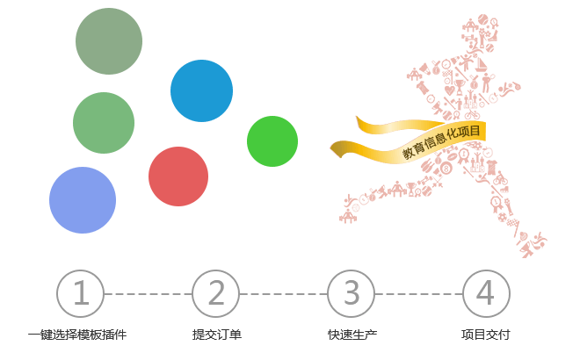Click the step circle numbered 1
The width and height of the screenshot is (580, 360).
click(80, 292)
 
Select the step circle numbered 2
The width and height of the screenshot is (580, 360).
click(215, 292)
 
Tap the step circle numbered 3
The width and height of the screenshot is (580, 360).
click(351, 292)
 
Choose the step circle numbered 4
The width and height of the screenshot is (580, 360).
click(486, 292)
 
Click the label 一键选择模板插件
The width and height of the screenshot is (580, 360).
click(77, 335)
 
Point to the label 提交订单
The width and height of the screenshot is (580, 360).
click(216, 335)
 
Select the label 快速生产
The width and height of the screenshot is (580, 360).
click(352, 335)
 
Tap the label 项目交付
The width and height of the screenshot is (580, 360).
click(486, 335)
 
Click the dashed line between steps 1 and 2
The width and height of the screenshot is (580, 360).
click(148, 293)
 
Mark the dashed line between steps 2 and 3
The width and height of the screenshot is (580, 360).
click(283, 293)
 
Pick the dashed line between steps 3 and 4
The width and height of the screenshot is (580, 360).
click(418, 293)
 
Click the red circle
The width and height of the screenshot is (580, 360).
click(178, 176)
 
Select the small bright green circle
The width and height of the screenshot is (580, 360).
click(272, 140)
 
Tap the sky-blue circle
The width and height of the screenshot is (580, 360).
click(201, 90)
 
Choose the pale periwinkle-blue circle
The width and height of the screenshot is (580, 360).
click(83, 200)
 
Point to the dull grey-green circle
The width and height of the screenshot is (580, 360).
click(109, 41)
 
